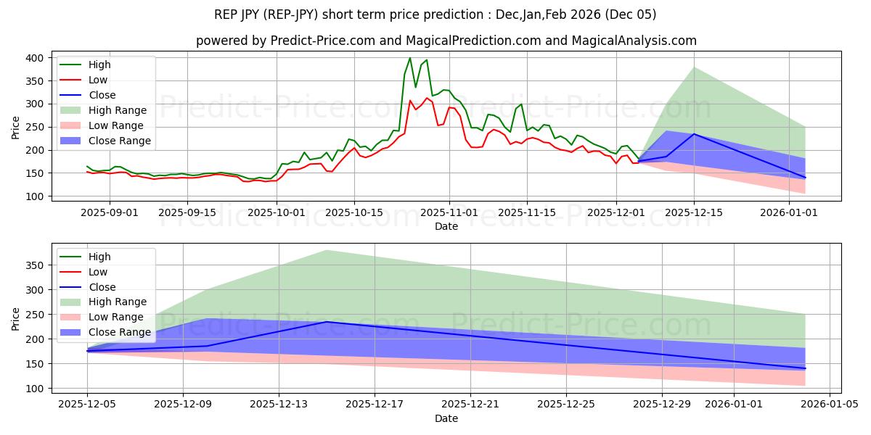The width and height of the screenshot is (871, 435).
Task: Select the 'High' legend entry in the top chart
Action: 100,65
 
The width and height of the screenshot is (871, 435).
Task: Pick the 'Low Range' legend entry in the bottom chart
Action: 117,317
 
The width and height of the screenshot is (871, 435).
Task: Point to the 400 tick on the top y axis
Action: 36,57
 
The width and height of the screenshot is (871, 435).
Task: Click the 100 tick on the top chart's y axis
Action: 36,196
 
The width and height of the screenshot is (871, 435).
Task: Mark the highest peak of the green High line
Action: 409,58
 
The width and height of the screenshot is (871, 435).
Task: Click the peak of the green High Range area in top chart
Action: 693,67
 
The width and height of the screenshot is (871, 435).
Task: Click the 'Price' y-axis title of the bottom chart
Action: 16,318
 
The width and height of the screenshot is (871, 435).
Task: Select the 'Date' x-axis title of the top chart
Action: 446,226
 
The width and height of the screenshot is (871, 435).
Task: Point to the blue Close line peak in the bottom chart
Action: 327,322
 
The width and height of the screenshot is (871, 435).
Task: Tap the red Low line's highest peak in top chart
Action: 426,98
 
